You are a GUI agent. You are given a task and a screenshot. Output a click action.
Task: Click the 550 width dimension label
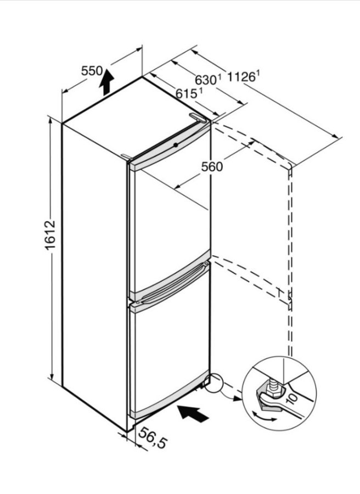click(92, 71)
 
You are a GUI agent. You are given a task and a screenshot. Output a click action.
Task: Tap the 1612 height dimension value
click(50, 235)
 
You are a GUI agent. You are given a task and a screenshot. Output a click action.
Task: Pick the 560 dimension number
click(212, 166)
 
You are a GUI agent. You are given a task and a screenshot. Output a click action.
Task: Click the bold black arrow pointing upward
click(106, 82)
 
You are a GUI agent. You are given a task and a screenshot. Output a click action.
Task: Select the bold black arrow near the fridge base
click(193, 413)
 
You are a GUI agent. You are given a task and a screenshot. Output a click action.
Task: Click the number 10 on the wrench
click(291, 399)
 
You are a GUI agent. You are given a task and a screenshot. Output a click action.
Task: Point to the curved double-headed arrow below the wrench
click(265, 417)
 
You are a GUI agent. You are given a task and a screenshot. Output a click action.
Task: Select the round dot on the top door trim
click(176, 145)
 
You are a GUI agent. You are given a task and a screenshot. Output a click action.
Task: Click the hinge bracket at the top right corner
click(198, 117)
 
